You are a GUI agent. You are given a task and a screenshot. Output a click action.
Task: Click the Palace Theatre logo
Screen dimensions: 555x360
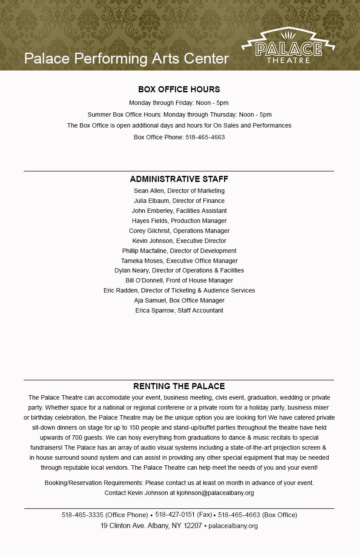click(288, 47)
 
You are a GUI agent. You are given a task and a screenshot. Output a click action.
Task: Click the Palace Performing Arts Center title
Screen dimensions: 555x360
click(126, 58)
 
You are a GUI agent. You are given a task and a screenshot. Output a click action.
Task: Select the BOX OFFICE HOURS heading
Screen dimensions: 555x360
click(179, 89)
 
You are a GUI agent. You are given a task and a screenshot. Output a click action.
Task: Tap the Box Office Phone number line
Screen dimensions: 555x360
click(179, 137)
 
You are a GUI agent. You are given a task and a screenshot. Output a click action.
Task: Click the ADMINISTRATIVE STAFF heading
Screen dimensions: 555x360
click(179, 179)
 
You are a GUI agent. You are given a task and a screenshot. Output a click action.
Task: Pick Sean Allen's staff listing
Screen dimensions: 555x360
click(179, 191)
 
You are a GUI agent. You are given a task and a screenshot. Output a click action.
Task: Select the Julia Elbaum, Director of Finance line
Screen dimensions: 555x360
click(179, 201)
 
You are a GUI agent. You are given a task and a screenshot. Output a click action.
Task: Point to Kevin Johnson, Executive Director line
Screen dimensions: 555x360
click(179, 241)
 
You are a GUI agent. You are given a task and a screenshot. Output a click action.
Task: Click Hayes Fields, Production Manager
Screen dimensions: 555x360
click(179, 221)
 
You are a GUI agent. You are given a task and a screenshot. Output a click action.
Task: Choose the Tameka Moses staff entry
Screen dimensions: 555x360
click(179, 261)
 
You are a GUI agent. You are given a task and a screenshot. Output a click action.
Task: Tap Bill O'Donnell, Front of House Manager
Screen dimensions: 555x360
click(179, 280)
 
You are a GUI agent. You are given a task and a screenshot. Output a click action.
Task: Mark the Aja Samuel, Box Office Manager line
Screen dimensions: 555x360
click(179, 300)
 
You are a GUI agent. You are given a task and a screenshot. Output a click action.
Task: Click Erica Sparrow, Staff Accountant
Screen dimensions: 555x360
click(179, 310)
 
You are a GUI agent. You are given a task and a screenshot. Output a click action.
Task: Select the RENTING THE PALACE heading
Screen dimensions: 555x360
click(179, 386)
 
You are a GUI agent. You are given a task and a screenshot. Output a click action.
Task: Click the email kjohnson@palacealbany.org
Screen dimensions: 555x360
click(215, 493)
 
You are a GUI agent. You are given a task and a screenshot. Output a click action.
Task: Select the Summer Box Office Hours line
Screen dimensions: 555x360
click(179, 114)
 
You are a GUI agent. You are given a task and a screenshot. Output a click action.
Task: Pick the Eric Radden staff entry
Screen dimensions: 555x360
click(179, 290)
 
